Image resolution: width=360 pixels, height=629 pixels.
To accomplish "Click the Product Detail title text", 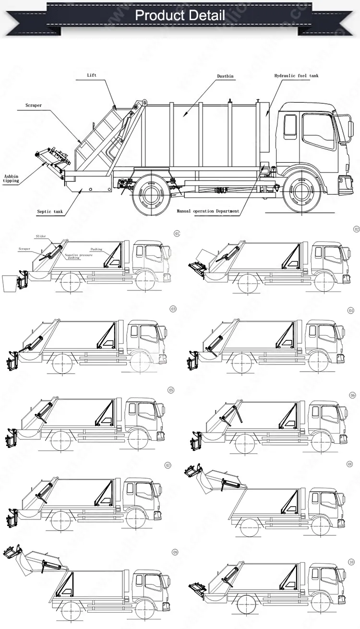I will pyautogui.click(x=180, y=15).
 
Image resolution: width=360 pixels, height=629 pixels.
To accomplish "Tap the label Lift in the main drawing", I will pyautogui.click(x=92, y=75).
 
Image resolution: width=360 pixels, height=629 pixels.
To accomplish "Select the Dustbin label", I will pyautogui.click(x=222, y=76).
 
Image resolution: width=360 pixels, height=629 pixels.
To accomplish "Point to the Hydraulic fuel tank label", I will pyautogui.click(x=296, y=76).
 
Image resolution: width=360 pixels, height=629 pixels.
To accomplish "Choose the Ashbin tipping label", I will pyautogui.click(x=11, y=178).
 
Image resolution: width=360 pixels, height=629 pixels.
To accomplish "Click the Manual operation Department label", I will pyautogui.click(x=207, y=211).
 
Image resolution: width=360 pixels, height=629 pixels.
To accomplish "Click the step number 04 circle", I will pyautogui.click(x=350, y=311).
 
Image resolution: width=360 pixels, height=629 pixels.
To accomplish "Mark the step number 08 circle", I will pyautogui.click(x=350, y=464).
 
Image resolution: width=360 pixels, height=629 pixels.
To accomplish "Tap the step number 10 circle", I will pyautogui.click(x=351, y=562).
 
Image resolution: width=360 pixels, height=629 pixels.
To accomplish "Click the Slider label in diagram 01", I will pyautogui.click(x=41, y=236).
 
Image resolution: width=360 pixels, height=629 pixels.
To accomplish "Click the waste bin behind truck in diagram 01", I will pyautogui.click(x=9, y=282).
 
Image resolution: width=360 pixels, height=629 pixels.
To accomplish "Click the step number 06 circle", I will pyautogui.click(x=352, y=395).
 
